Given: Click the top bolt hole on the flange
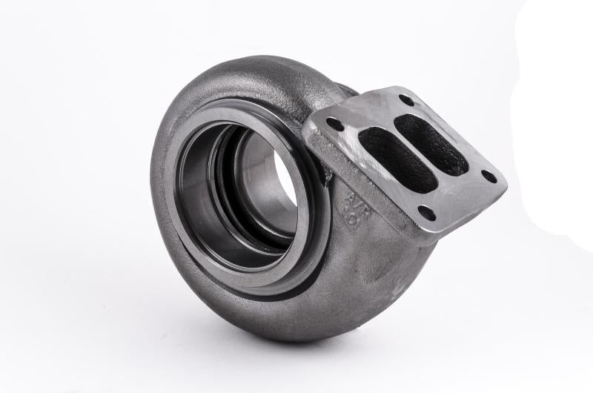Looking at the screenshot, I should tap(405, 100).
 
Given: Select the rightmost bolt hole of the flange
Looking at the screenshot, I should tap(488, 176).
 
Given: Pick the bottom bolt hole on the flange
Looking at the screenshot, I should tap(426, 213).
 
